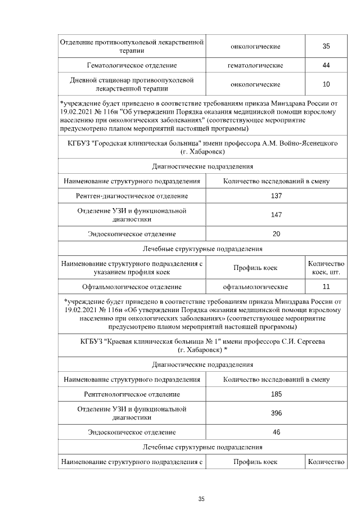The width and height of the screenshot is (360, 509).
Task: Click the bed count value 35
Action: pos(326,46)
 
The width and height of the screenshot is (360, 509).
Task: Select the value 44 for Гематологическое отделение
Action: pos(326,66)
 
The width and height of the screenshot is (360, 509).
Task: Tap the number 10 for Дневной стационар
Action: pos(326,84)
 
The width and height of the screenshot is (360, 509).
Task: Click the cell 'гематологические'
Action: pos(255,66)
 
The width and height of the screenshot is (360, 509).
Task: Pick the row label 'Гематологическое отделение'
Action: pos(132,66)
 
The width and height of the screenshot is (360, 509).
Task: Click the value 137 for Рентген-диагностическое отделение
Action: pos(276,196)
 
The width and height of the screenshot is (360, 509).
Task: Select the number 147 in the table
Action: pos(276,215)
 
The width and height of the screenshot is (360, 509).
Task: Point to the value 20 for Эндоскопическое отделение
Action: pos(276,233)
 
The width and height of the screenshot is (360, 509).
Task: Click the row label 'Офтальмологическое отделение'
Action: pos(132,286)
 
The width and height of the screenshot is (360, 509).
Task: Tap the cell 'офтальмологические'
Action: pos(255,286)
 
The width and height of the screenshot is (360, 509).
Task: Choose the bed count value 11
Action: pos(326,286)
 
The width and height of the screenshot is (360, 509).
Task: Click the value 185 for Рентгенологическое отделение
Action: pos(276,394)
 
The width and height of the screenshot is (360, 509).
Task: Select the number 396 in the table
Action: pos(276,413)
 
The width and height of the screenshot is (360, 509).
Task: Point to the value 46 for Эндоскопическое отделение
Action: pos(276,432)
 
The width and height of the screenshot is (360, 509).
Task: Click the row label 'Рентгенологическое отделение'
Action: pos(132,394)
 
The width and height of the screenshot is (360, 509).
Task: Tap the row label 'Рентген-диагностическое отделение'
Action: pos(132,196)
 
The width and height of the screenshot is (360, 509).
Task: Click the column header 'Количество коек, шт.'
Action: pos(326,268)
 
